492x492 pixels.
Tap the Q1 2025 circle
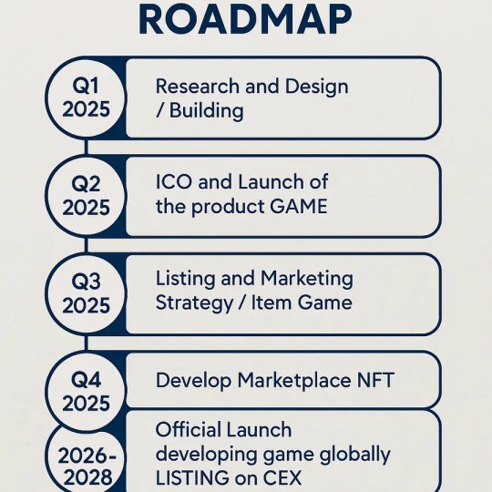(86, 98)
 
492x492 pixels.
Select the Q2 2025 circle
(86, 196)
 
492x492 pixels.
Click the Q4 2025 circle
(86, 391)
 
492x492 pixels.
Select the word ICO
(174, 183)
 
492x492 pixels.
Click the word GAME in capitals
(297, 207)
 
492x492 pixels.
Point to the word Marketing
(307, 278)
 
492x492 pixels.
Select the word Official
(188, 429)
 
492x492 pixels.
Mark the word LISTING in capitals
(194, 477)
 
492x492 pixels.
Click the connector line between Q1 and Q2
(86, 147)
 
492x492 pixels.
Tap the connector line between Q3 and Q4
(86, 342)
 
